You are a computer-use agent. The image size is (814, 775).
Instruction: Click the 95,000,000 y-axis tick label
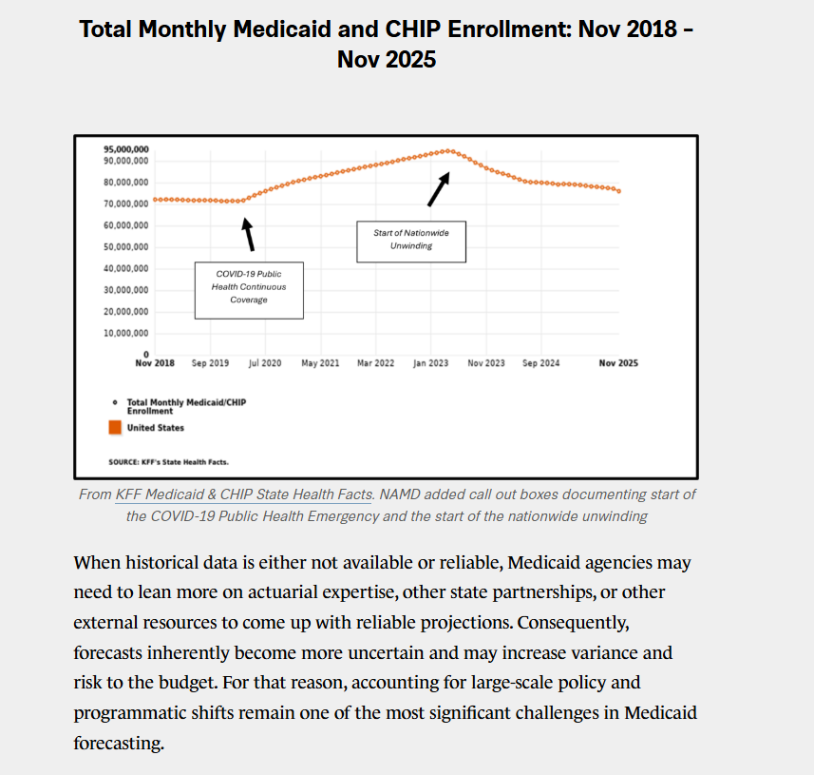125,150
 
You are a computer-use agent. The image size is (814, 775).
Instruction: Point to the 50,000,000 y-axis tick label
125,247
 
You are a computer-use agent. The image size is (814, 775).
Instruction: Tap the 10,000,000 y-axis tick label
125,333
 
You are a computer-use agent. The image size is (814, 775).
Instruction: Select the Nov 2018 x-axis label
155,364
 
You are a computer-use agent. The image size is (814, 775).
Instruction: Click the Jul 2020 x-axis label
265,364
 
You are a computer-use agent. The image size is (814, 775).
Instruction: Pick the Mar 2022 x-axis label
376,364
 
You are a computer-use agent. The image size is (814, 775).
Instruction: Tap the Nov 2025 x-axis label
617,364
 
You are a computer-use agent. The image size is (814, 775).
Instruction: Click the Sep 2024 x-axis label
541,364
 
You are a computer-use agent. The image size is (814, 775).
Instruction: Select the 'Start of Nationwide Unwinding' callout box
411,240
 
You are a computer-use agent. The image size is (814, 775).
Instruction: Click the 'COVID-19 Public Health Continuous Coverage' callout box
249,287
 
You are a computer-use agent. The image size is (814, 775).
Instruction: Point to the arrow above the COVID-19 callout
249,234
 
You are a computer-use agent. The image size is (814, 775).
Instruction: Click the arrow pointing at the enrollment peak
438,189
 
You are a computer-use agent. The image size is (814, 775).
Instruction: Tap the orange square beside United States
115,428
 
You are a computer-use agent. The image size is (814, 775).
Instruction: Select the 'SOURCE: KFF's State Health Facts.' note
168,462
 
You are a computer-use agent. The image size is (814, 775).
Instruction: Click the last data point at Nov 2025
619,191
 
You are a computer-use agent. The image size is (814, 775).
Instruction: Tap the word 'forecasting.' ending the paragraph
119,743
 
